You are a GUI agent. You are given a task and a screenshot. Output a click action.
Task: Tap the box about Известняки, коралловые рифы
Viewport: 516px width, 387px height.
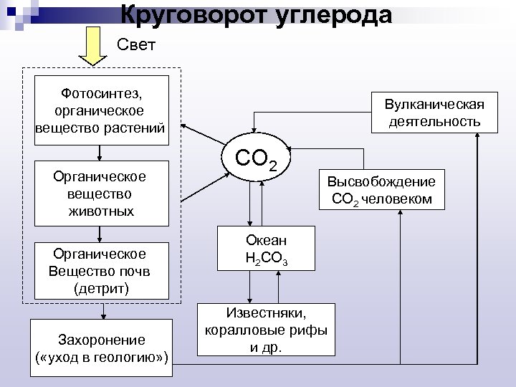coord(267,330)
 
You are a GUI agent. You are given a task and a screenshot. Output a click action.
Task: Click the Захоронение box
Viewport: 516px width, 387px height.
coord(102,348)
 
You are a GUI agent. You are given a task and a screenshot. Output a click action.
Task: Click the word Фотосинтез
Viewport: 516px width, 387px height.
coord(102,93)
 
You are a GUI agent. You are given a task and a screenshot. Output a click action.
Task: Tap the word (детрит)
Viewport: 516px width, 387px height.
coord(102,288)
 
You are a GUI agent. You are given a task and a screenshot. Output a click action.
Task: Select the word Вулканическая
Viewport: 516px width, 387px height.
coord(434,105)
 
